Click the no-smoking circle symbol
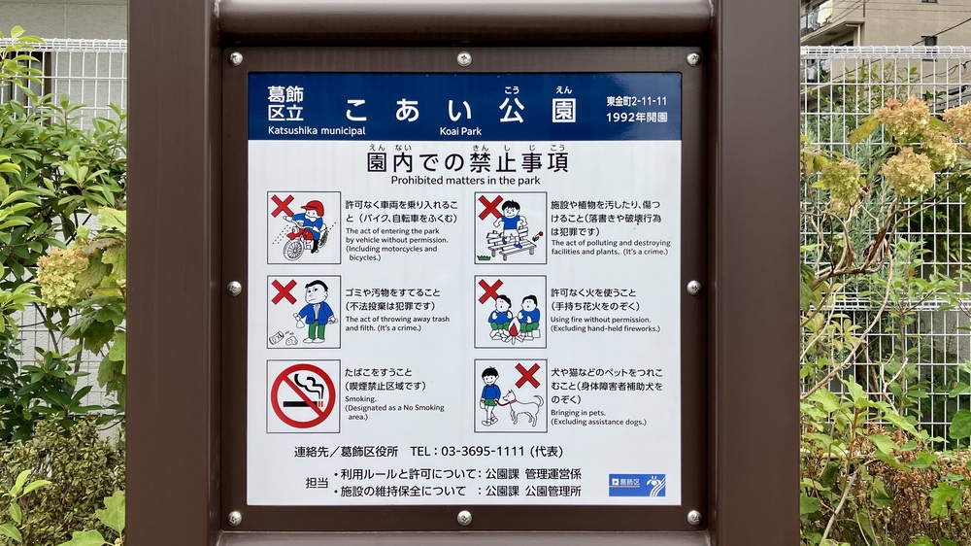click(x=303, y=396)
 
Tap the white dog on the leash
click(x=522, y=406)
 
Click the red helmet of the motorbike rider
click(x=313, y=208)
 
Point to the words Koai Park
click(x=460, y=131)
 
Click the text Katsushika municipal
click(x=317, y=131)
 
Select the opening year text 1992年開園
click(x=637, y=118)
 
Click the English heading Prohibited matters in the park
click(x=466, y=181)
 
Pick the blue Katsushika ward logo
click(x=637, y=485)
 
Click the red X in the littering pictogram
click(x=284, y=291)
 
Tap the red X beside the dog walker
click(x=527, y=376)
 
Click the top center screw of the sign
click(x=464, y=59)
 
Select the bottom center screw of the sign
click(x=464, y=518)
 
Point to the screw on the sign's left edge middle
click(x=235, y=289)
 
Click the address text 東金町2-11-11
click(x=637, y=101)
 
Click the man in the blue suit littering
click(x=316, y=311)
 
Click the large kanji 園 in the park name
click(x=563, y=110)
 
